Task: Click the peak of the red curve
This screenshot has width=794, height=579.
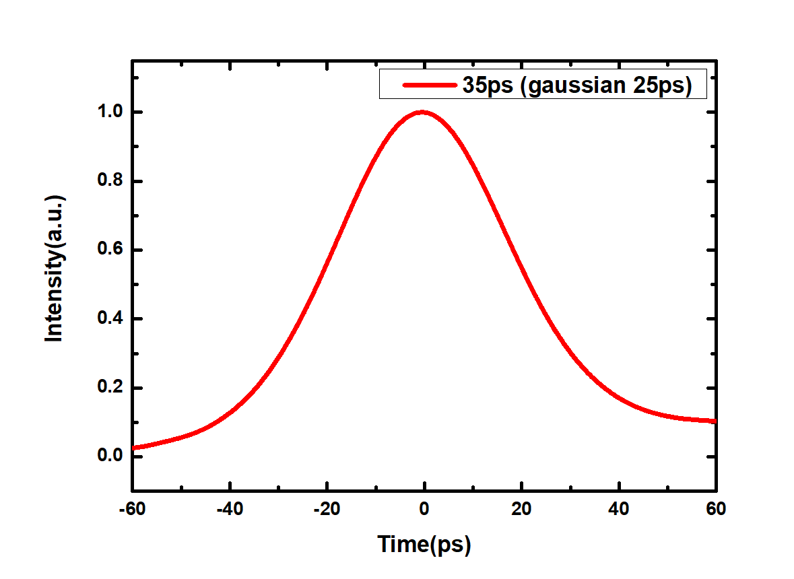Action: point(422,112)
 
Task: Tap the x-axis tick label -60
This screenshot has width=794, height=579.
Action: point(132,509)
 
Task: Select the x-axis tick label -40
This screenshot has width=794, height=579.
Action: point(230,509)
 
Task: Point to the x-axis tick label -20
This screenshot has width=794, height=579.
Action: point(327,509)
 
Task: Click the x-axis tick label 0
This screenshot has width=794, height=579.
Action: point(424,509)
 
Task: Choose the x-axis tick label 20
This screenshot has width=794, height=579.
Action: point(521,509)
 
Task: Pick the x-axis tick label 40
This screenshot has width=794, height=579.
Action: point(619,509)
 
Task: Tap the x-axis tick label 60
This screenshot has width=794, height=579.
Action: point(716,509)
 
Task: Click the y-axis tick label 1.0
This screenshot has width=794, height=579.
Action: point(110,111)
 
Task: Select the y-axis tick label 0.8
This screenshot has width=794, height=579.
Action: point(110,180)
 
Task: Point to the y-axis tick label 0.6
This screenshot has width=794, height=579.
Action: point(110,250)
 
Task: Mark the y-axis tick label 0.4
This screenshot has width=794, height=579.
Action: point(110,318)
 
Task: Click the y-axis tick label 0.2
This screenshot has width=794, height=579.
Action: point(110,387)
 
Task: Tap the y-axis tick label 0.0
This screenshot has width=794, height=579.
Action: point(110,456)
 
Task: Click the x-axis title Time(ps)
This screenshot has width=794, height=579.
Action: point(424,545)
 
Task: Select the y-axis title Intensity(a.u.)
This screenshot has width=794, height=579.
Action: point(54,268)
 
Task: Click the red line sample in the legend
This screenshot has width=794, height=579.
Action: point(430,85)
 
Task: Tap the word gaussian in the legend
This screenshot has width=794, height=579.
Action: point(577,86)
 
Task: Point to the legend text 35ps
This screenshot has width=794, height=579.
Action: point(488,86)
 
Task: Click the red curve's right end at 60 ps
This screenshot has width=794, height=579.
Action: point(715,421)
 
